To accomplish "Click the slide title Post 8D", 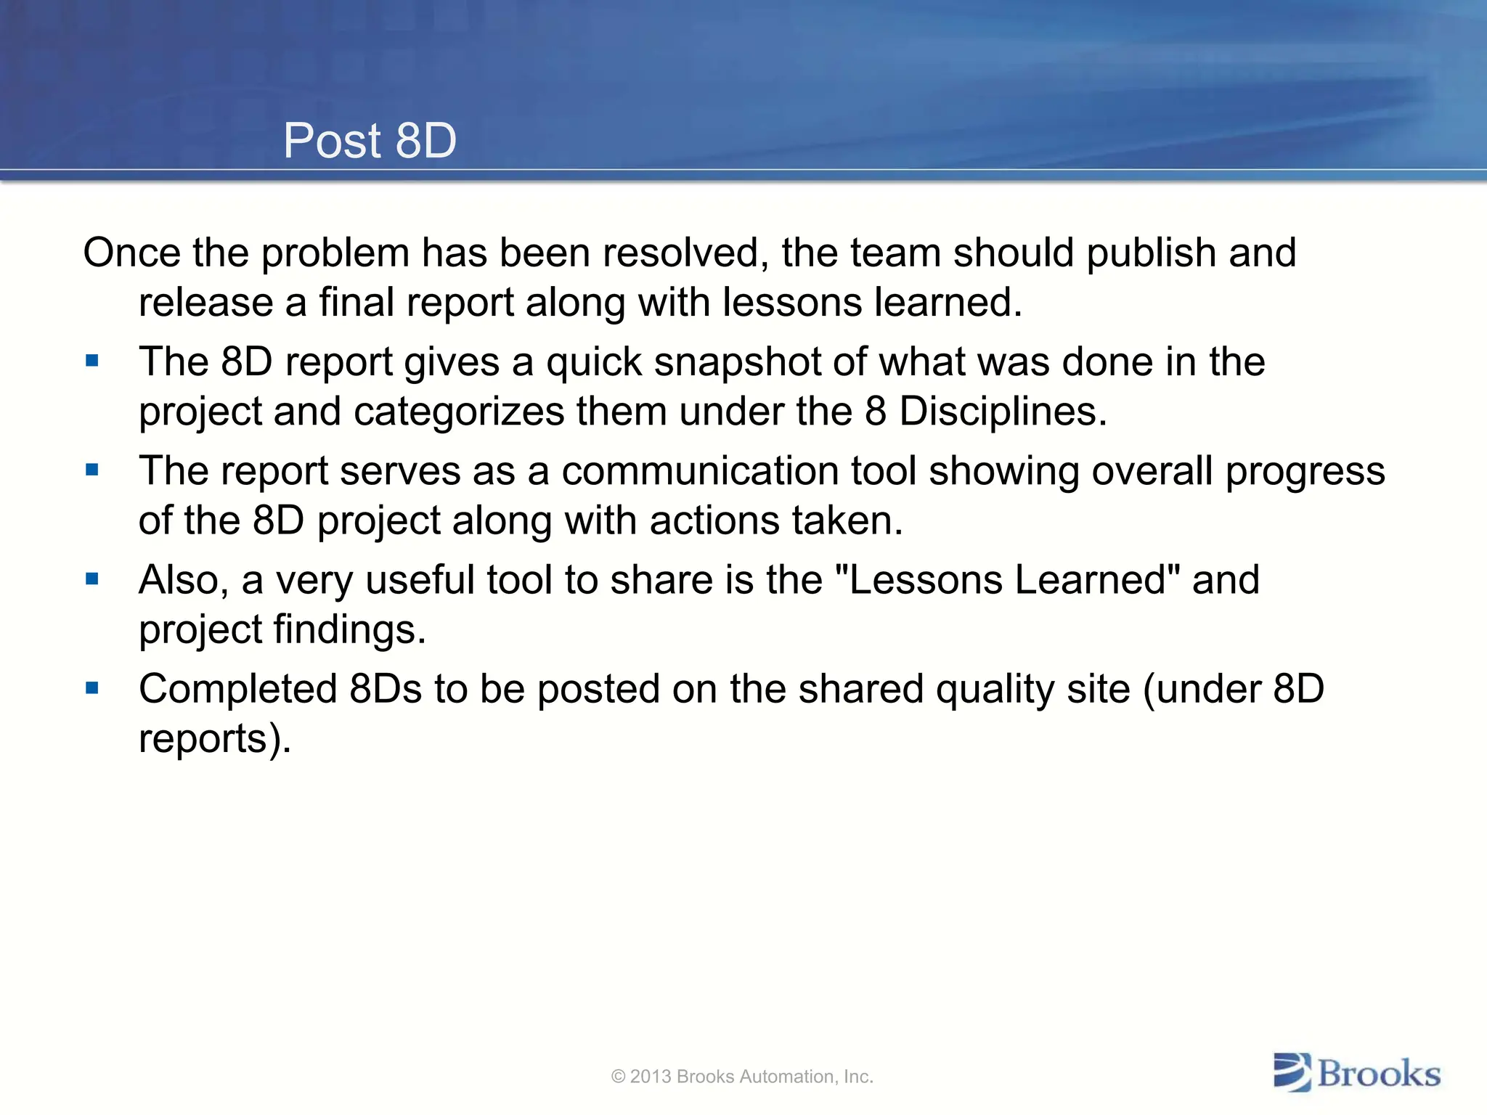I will point(370,140).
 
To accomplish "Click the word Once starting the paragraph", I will point(131,253).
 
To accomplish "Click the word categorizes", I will point(459,412).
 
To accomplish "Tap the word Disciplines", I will point(1003,412).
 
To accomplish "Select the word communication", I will point(700,471).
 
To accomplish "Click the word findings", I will point(349,630).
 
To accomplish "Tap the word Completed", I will point(237,690).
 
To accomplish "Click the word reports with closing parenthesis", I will point(215,739).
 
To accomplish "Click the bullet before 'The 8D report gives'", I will point(92,361).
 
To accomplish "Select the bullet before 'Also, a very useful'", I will point(92,579).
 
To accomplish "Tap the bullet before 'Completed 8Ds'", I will point(92,687).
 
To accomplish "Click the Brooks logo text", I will point(1379,1074).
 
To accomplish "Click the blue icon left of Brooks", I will point(1292,1072).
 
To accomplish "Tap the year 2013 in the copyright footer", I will point(651,1077).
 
